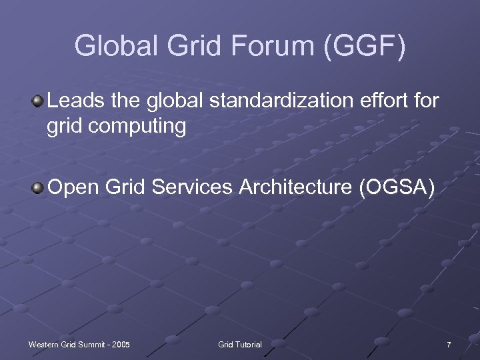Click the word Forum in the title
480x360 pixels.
[x=269, y=47]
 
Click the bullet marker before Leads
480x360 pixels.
[x=38, y=102]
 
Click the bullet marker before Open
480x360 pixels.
[x=38, y=189]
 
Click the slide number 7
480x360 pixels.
[x=449, y=345]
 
